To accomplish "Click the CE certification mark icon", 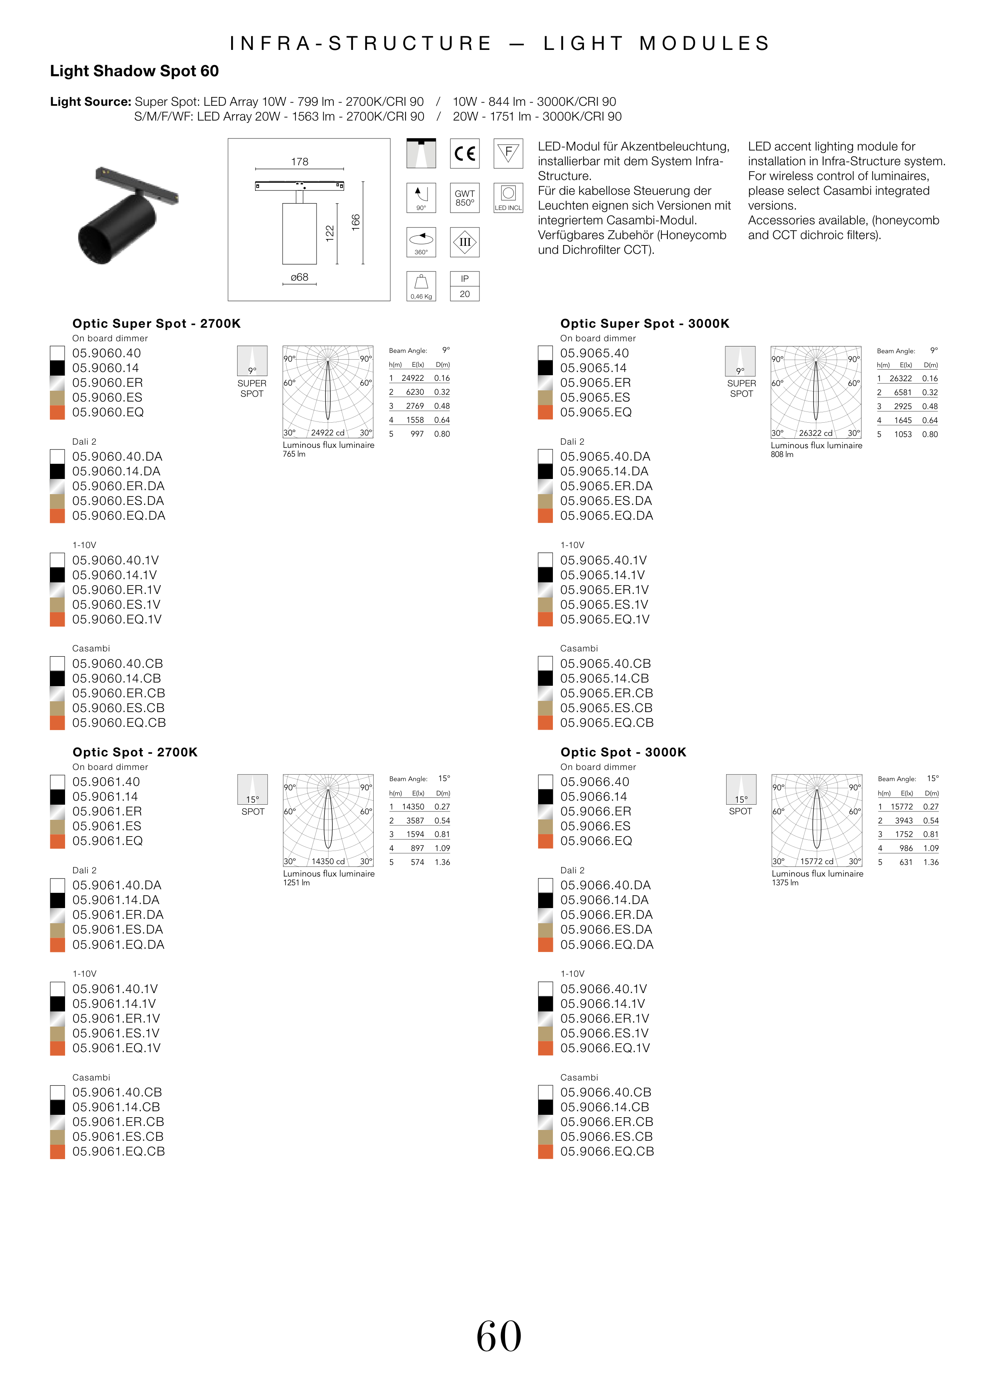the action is coord(465,154).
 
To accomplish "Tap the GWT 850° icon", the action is coord(465,198).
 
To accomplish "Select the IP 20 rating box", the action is coord(465,286).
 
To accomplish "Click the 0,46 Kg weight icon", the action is coord(421,286).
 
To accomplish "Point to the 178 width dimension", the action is coord(299,162).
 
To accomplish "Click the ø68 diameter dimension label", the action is coord(299,277).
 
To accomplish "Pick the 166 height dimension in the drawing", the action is coord(356,222).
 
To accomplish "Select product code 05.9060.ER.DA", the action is coord(119,486).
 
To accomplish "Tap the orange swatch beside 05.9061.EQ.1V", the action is coord(57,1048).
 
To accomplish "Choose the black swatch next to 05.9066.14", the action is coord(545,797).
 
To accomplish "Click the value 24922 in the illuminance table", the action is coord(412,378).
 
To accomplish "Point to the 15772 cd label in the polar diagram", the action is coord(817,861).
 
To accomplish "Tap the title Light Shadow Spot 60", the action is coord(135,71).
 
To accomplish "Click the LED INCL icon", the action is coord(508,198).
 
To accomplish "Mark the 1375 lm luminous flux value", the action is coord(785,883).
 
